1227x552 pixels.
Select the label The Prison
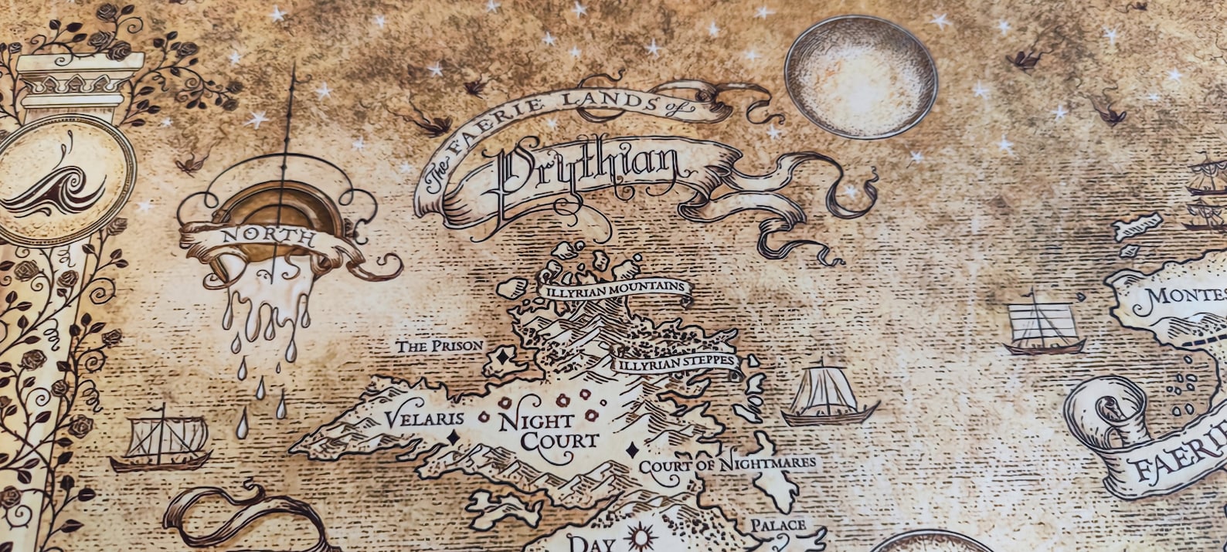tap(440, 347)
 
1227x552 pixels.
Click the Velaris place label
tap(424, 419)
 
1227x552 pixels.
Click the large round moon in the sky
tap(861, 77)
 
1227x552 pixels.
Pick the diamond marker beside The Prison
tap(502, 357)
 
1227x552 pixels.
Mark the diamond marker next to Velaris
tap(453, 437)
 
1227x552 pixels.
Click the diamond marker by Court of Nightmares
tap(631, 450)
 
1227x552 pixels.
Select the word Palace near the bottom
tap(778, 526)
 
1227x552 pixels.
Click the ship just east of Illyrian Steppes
tap(828, 397)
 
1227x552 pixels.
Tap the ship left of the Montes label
tap(1043, 324)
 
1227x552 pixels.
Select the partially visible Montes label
tap(1186, 296)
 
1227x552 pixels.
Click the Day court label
tap(591, 543)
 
